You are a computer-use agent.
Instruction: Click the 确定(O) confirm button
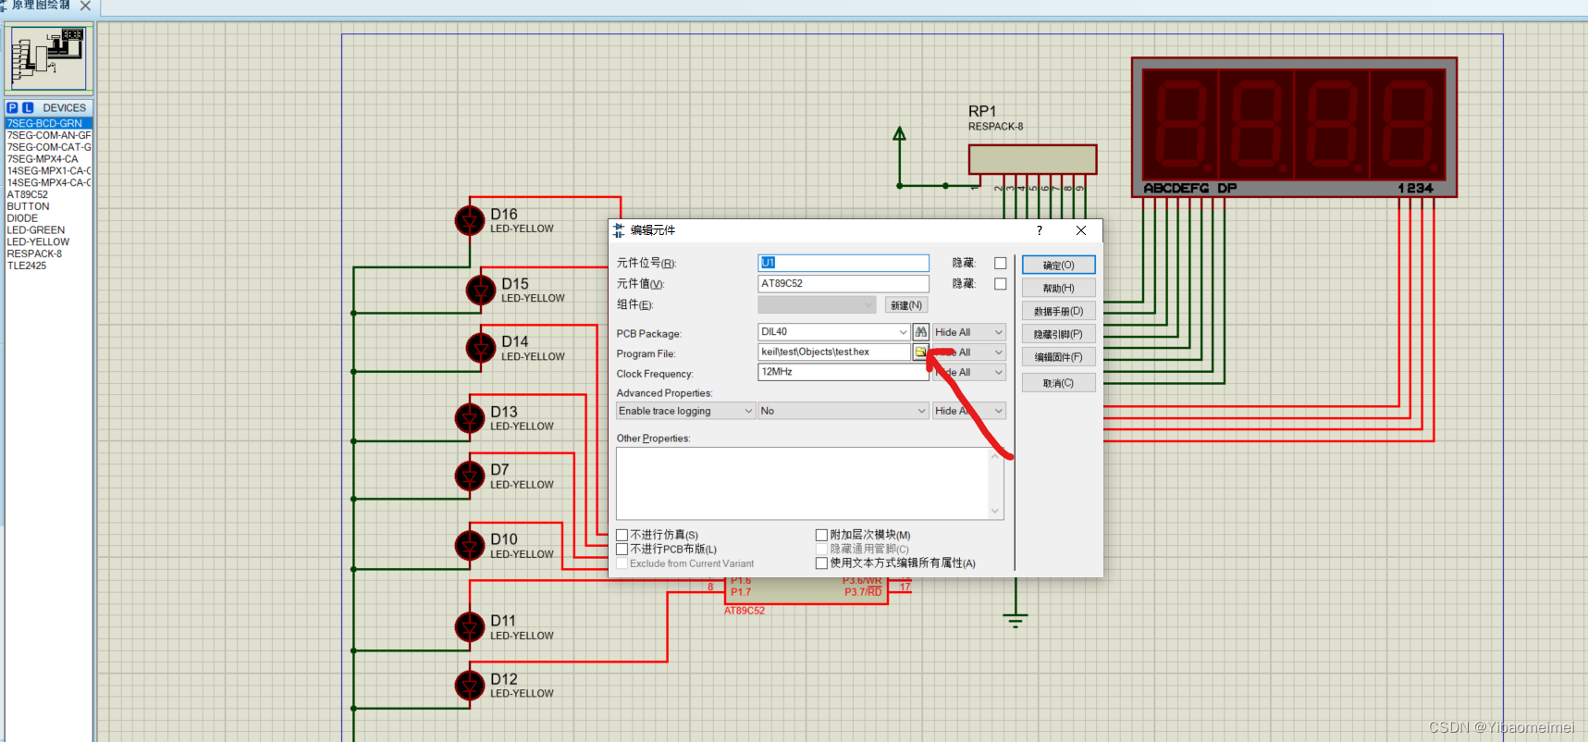click(1058, 265)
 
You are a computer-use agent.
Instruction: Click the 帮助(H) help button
click(1058, 288)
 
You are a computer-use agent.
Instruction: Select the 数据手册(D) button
click(1058, 311)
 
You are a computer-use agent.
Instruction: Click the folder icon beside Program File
click(920, 352)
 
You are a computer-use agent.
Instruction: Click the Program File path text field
click(833, 352)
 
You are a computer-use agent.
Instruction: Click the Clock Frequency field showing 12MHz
click(842, 372)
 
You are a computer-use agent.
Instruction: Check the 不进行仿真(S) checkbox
click(622, 535)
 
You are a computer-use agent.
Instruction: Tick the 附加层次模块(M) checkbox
click(821, 535)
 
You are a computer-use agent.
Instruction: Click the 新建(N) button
click(905, 305)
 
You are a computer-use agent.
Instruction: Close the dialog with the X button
click(1080, 230)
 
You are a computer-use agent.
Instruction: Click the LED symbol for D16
click(470, 221)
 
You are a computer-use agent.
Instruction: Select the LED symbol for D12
click(470, 686)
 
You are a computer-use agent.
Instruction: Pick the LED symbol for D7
click(470, 476)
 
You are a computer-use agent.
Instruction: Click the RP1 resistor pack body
click(1032, 159)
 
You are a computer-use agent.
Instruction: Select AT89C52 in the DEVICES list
click(28, 194)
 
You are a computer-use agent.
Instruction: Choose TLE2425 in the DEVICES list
click(27, 266)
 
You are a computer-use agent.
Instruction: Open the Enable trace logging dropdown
click(685, 411)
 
